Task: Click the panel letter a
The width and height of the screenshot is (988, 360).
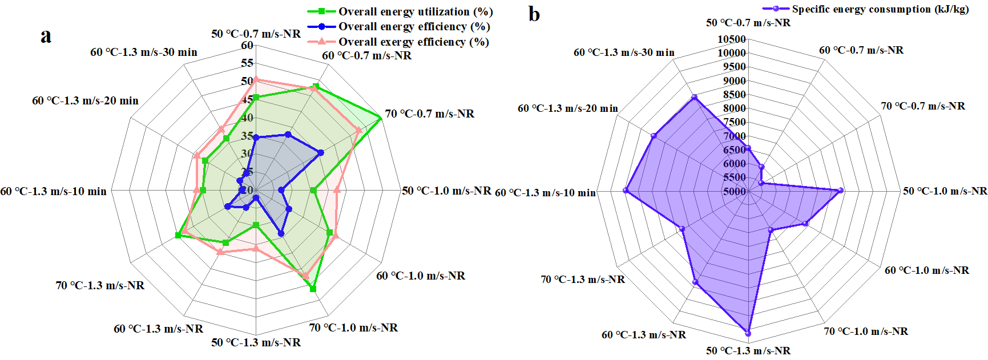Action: pos(46,35)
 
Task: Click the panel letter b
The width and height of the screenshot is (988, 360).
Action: pos(534,14)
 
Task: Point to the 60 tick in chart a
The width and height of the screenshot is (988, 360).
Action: pos(247,46)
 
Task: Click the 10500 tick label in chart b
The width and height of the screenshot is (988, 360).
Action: pos(732,39)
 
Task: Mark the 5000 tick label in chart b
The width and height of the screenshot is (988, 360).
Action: pos(735,191)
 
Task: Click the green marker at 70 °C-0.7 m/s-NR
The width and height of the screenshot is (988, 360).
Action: pos(380,118)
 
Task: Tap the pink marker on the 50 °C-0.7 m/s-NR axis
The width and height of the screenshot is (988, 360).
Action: pos(256,79)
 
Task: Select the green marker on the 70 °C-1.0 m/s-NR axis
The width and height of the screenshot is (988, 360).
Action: pos(313,289)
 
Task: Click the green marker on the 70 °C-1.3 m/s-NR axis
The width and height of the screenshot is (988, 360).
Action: pos(178,235)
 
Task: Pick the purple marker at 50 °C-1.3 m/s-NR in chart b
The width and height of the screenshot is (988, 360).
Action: pos(748,333)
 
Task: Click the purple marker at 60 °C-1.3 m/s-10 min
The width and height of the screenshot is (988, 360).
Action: pos(626,191)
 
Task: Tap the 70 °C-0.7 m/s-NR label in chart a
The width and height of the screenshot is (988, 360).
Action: pos(429,114)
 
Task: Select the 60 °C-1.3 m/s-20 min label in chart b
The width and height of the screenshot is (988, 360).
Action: pos(567,108)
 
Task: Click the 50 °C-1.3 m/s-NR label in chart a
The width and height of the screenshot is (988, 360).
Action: pos(256,342)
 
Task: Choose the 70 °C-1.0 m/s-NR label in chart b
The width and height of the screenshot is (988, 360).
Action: pos(865,331)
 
